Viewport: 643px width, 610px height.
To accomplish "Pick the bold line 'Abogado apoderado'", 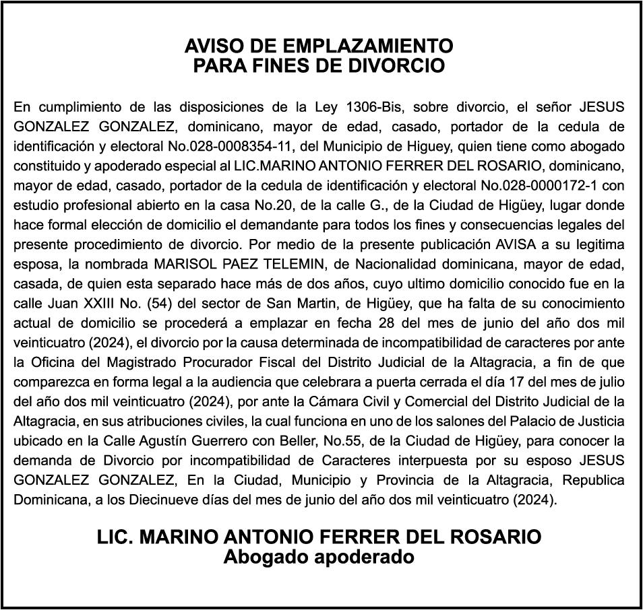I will pyautogui.click(x=319, y=557).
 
